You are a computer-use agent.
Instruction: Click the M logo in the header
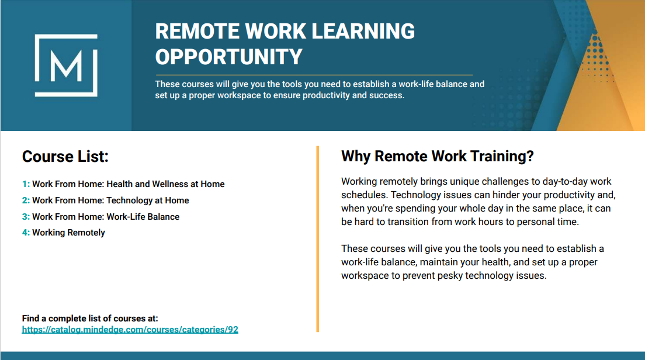[66, 65]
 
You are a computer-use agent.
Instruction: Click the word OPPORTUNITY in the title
[228, 57]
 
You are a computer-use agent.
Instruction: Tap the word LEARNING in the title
[363, 32]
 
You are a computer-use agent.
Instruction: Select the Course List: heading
[65, 157]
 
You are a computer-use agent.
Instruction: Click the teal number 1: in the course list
[26, 184]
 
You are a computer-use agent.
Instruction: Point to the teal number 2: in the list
[26, 200]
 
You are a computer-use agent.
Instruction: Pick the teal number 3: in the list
[26, 217]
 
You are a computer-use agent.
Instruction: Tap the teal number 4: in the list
[26, 233]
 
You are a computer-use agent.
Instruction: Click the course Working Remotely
[69, 233]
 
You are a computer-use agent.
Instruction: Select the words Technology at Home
[148, 200]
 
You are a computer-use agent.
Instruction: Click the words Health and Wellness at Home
[165, 184]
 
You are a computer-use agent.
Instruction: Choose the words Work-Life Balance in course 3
[143, 217]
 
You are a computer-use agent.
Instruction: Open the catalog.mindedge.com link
[130, 330]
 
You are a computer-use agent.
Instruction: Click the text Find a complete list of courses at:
[90, 319]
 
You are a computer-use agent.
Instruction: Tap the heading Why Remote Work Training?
[437, 157]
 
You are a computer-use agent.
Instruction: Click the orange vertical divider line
[318, 238]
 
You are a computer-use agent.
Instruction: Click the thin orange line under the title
[314, 75]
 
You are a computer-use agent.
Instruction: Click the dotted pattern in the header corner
[597, 56]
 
